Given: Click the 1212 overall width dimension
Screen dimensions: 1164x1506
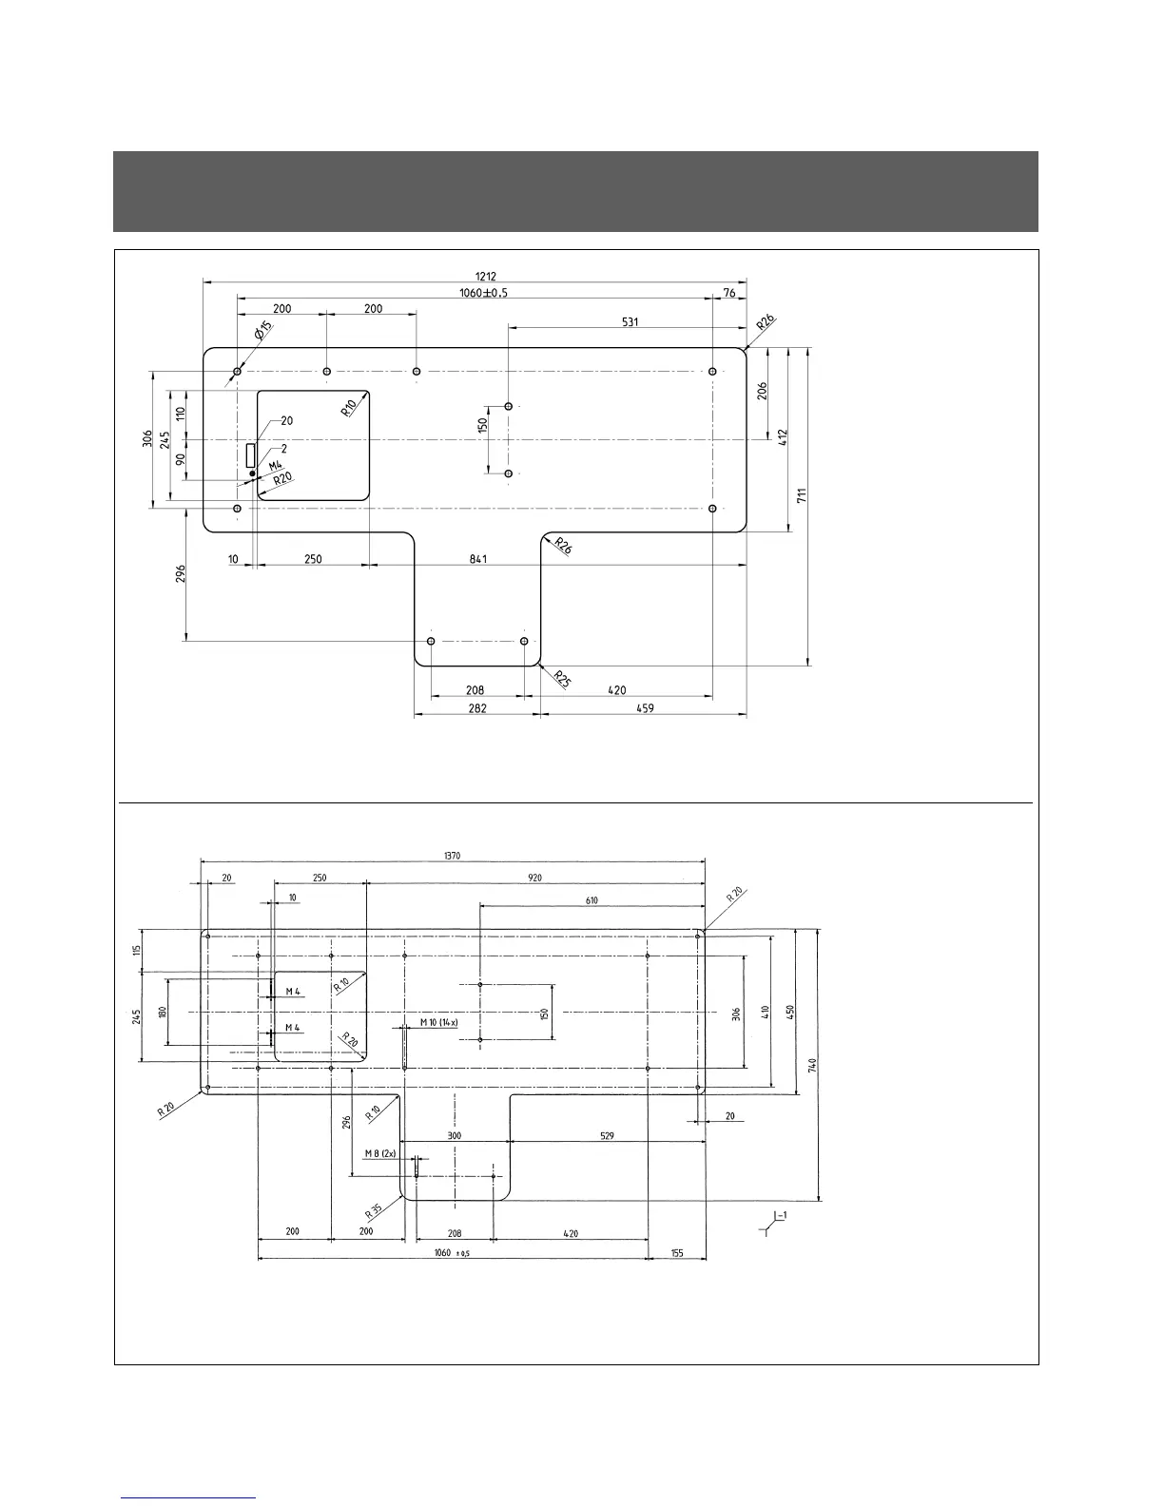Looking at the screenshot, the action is click(486, 276).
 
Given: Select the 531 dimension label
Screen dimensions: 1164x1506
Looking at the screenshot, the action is click(630, 321).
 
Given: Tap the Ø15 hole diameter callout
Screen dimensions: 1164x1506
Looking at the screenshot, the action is click(262, 332).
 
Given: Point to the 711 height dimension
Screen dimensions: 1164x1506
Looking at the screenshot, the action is click(802, 496).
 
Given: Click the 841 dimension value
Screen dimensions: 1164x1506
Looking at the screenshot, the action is click(477, 559).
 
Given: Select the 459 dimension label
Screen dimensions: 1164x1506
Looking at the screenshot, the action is click(644, 707).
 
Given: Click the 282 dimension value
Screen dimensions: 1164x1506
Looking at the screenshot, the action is click(477, 707).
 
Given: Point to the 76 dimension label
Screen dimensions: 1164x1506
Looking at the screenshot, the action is click(728, 293).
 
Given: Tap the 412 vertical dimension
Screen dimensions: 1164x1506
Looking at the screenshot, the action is click(782, 438).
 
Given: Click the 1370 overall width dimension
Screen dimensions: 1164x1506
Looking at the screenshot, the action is click(452, 856).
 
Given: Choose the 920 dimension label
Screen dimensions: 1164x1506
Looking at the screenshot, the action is click(535, 878).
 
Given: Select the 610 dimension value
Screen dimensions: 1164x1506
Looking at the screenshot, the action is click(592, 900).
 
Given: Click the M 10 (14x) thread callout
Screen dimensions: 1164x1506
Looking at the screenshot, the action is click(438, 1022).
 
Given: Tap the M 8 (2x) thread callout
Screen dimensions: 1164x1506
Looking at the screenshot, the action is click(379, 1153).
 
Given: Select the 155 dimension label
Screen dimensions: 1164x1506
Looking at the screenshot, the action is click(676, 1253).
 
